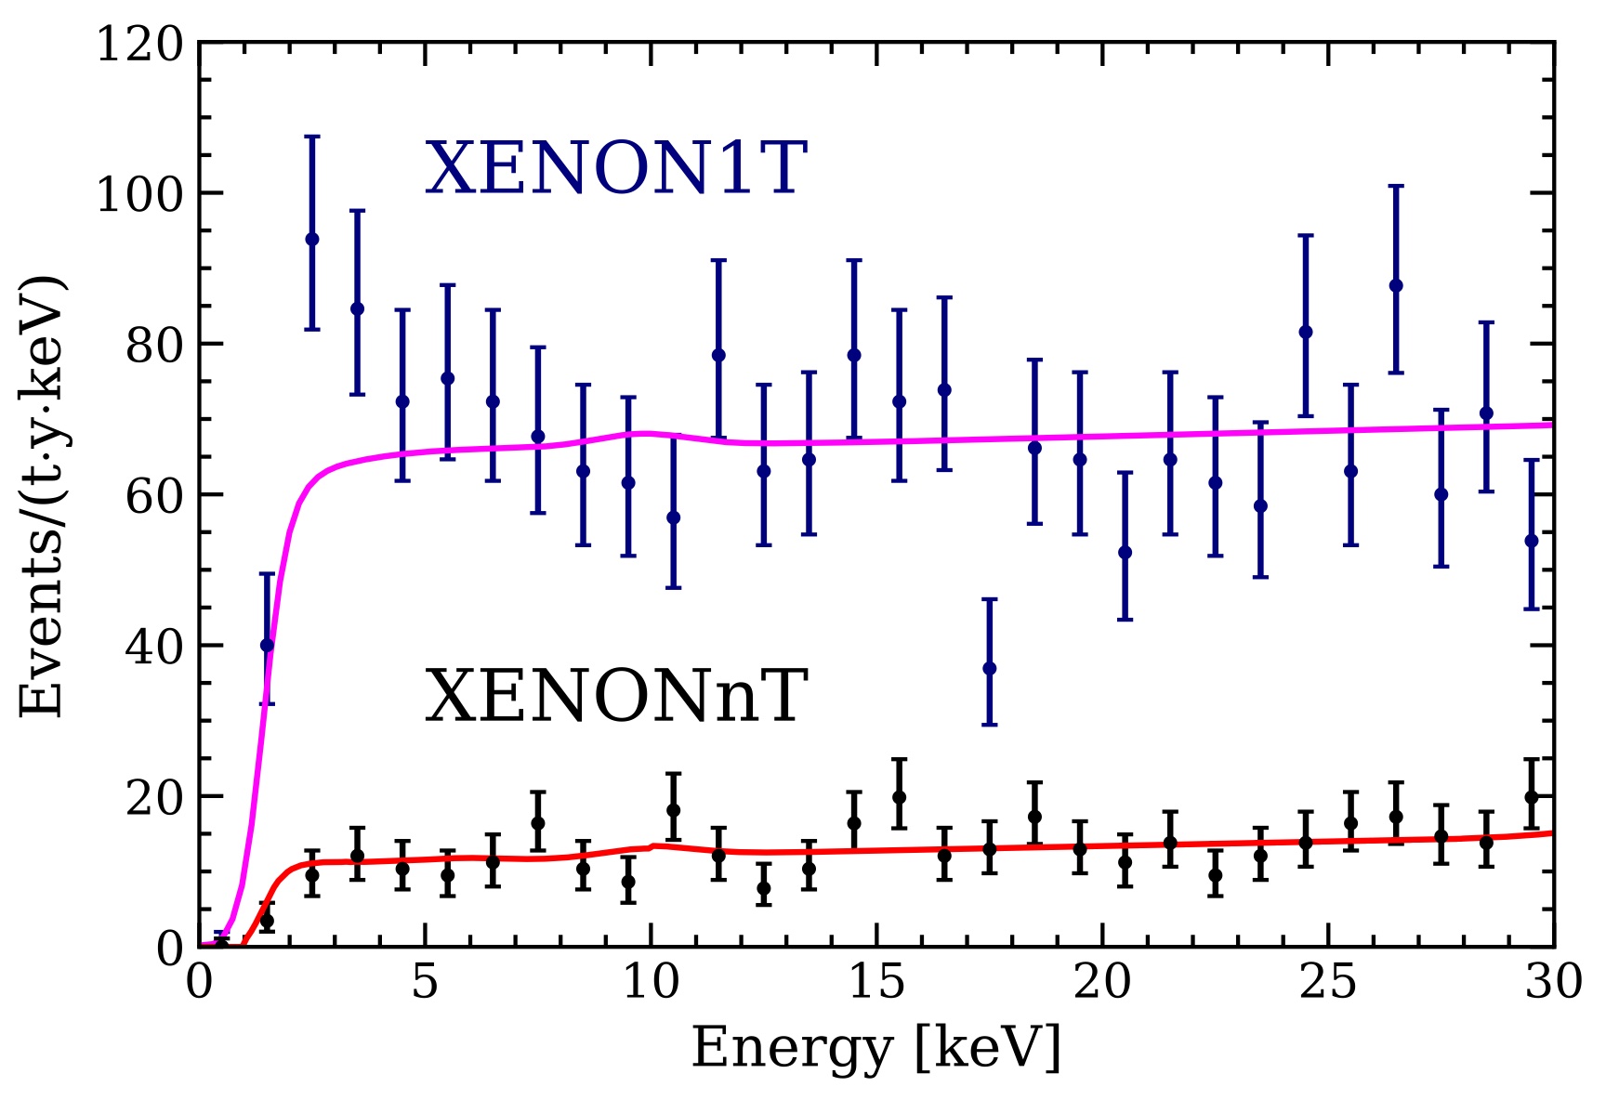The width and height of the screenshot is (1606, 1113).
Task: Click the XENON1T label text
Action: click(615, 169)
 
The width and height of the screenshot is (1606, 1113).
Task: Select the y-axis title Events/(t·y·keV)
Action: click(43, 495)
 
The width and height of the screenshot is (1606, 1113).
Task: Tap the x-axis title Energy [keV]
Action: click(875, 1050)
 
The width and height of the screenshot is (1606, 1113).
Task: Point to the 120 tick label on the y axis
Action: click(140, 45)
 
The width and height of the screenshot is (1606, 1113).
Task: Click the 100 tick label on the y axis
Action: click(140, 194)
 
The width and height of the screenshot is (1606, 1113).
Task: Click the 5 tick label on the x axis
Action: click(425, 982)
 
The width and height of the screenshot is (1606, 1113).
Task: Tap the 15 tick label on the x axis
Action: click(875, 982)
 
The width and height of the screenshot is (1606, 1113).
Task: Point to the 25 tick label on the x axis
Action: click(1327, 982)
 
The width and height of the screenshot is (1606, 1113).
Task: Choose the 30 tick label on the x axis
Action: click(1553, 982)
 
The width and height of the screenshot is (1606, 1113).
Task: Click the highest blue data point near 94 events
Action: click(312, 239)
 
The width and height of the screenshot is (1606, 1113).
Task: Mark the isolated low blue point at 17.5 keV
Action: click(990, 668)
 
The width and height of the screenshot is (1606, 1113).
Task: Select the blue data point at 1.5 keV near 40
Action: click(267, 645)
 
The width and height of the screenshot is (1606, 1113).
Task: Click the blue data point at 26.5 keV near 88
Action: click(1396, 285)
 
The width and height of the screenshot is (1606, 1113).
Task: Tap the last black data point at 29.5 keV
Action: click(1532, 796)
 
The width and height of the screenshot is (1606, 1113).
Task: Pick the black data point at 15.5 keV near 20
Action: click(899, 796)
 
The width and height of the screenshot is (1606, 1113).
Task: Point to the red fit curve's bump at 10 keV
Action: click(653, 845)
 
